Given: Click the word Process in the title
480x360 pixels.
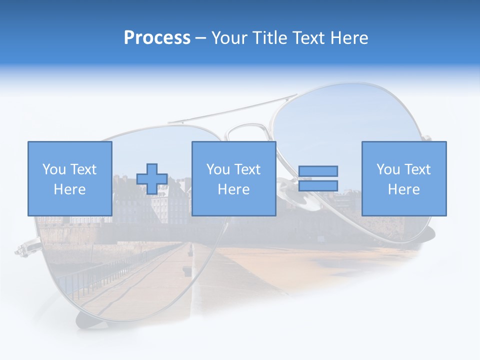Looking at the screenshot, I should pos(157,38).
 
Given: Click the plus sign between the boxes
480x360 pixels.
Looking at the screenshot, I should pos(152,178).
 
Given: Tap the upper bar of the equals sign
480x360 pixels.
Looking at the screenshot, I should pos(318,171).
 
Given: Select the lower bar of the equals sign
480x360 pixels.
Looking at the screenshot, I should pos(318,185).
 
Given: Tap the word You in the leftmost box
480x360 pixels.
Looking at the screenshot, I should pos(53,169).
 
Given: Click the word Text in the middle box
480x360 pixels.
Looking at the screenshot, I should pos(247,169).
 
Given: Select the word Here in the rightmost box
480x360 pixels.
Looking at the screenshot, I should pos(403,189).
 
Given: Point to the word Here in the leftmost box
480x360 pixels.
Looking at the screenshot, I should pos(69,189).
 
